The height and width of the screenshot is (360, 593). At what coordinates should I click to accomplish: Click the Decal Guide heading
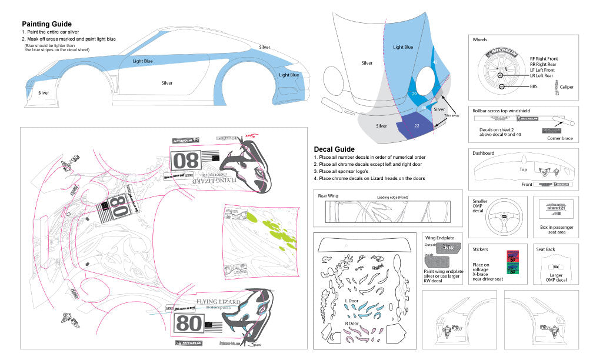click(334, 149)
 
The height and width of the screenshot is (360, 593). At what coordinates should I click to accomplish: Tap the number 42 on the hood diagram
click(435, 61)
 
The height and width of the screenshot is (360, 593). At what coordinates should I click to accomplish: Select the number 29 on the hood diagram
click(414, 94)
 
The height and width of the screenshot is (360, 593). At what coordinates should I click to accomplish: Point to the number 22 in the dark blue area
click(417, 125)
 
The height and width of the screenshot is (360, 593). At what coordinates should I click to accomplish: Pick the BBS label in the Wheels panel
click(534, 86)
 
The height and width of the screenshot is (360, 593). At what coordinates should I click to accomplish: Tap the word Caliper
click(566, 87)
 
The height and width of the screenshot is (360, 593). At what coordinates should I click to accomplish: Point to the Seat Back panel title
click(546, 249)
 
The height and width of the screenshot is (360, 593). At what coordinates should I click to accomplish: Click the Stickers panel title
click(481, 249)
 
